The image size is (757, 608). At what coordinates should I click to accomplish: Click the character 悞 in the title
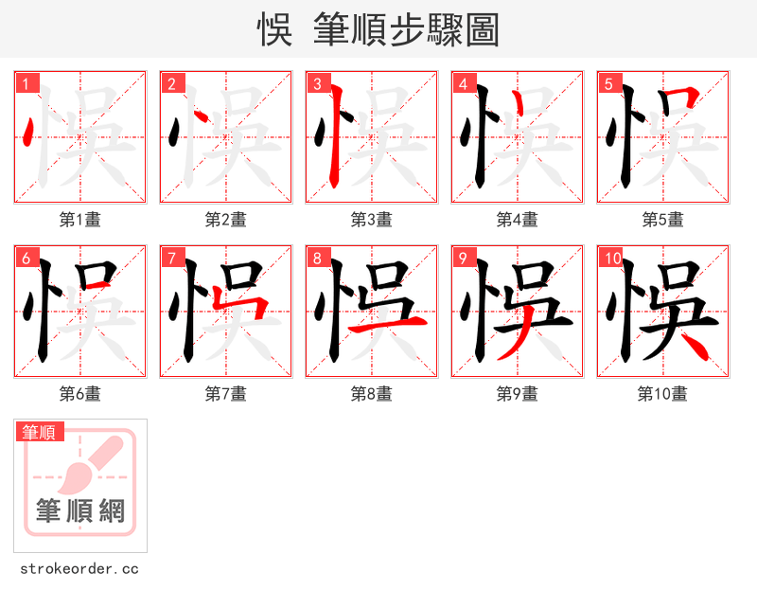coord(275,29)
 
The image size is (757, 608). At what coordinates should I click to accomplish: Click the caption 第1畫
coord(80,220)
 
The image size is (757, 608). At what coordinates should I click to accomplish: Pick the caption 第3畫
coord(372,220)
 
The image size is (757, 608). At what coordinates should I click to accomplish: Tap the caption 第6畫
coord(80,394)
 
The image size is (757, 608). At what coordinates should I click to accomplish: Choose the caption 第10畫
coord(663,394)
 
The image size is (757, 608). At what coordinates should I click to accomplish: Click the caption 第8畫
coord(372,394)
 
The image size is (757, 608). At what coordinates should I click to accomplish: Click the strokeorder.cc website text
coord(79,569)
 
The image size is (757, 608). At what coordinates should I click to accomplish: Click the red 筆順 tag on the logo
coord(40,433)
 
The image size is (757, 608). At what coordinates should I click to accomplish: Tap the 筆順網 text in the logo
coord(80,511)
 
